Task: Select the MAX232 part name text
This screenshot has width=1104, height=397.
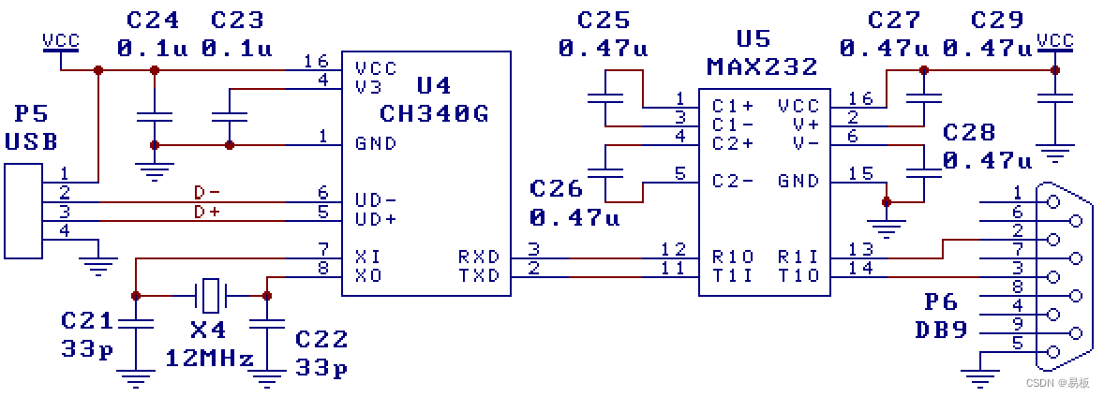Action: tap(762, 67)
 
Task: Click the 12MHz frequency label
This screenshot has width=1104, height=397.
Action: tap(210, 359)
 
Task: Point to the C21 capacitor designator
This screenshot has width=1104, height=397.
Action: tap(87, 320)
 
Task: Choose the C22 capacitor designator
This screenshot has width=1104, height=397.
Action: tap(321, 338)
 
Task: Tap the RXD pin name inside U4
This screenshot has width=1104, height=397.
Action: tap(479, 257)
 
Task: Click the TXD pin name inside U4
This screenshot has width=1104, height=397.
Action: tap(479, 275)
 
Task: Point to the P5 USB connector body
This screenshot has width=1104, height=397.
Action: tap(22, 212)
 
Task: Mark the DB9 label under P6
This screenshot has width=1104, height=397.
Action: tap(942, 330)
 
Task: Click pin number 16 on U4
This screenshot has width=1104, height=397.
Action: tap(316, 62)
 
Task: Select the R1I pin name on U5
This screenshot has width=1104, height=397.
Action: tap(798, 257)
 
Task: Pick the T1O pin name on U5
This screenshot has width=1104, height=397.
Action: tap(798, 275)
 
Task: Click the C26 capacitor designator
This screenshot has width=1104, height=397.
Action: tap(557, 188)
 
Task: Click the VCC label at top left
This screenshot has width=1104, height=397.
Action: tap(61, 40)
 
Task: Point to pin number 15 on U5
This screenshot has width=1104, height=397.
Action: tap(859, 174)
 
